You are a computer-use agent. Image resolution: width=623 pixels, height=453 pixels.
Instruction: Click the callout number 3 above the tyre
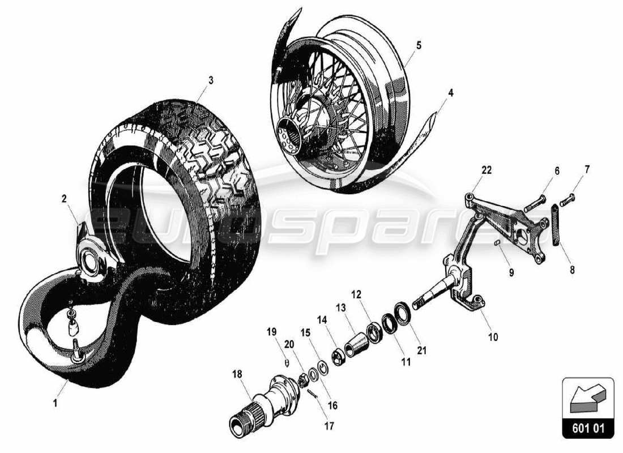(211, 80)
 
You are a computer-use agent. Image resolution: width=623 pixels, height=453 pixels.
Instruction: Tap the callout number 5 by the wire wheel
(419, 45)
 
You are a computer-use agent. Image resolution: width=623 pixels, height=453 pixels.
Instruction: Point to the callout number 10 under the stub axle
(493, 337)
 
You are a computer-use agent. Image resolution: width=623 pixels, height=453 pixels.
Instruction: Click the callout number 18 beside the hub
(237, 374)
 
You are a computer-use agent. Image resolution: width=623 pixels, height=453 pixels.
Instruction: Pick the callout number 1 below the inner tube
(55, 403)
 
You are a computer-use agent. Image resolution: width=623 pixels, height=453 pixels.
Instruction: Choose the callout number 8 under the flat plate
(572, 270)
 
